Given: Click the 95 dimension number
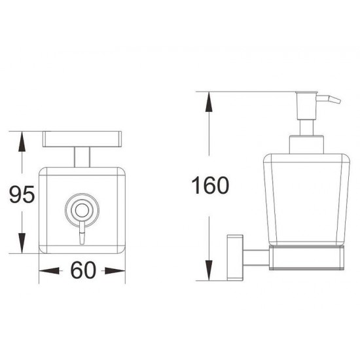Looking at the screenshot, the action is tap(22, 194).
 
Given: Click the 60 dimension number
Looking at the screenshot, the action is tap(83, 270).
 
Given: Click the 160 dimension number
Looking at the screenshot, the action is tap(210, 185).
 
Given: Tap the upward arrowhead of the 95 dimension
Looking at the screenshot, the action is tap(22, 141).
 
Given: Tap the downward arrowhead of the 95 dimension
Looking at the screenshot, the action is tap(22, 243).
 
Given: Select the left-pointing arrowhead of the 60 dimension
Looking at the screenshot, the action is tap(49, 271).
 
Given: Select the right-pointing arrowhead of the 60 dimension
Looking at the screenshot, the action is tap(115, 271).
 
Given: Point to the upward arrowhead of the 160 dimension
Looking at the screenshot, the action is tap(209, 101).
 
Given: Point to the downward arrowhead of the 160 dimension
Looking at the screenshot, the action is tap(209, 270).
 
